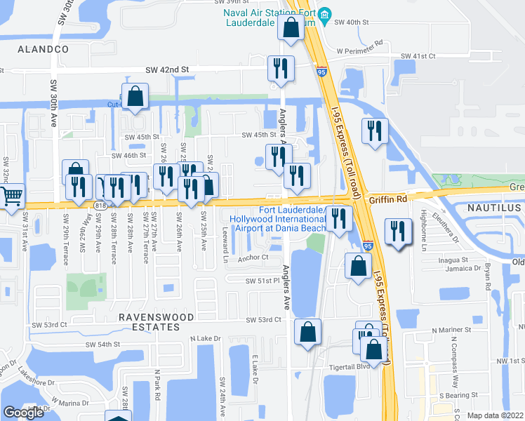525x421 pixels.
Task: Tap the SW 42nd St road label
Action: click(x=168, y=70)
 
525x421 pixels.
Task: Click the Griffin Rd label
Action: click(x=388, y=199)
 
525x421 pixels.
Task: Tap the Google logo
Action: click(x=23, y=413)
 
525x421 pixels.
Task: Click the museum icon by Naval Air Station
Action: click(x=324, y=15)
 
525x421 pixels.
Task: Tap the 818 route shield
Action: click(x=100, y=203)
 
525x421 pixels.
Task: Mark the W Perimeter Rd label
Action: click(x=359, y=51)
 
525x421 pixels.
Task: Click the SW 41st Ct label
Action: click(x=418, y=56)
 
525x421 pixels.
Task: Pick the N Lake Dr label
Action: click(x=206, y=339)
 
